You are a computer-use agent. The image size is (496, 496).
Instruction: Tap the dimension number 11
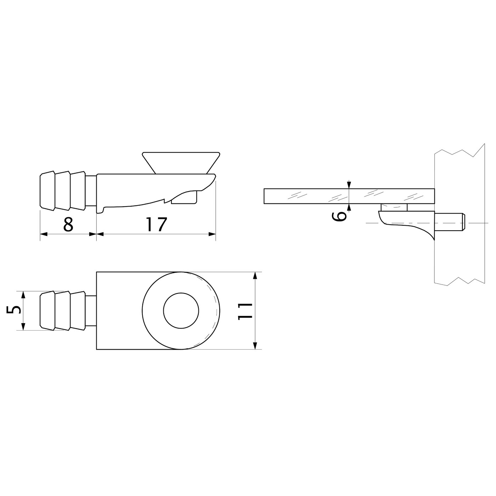click(x=245, y=311)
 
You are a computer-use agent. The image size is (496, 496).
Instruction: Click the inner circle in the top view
click(x=181, y=311)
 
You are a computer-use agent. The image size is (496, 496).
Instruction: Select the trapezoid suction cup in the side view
click(x=181, y=162)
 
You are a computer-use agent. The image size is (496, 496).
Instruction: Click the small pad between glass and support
click(x=394, y=207)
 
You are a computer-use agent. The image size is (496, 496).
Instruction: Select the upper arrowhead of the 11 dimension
click(x=255, y=276)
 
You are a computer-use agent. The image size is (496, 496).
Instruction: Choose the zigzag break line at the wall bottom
click(x=459, y=281)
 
